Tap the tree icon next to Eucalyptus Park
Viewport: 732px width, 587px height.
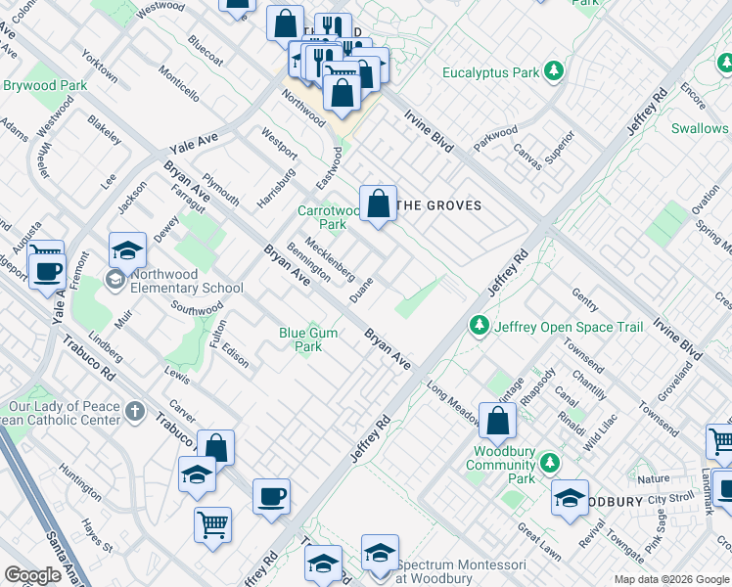554,71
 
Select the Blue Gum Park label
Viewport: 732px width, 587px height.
308,339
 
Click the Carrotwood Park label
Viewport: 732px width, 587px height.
329,217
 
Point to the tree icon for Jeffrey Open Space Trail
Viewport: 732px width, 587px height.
479,325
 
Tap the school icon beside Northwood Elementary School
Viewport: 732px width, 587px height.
114,281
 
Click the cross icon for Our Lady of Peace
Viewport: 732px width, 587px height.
134,414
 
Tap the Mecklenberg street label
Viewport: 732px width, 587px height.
330,257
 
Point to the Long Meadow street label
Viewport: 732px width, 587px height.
451,402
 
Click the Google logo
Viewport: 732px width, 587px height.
32,575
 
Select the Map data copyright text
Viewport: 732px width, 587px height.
671,579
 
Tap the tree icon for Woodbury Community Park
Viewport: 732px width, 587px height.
551,462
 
